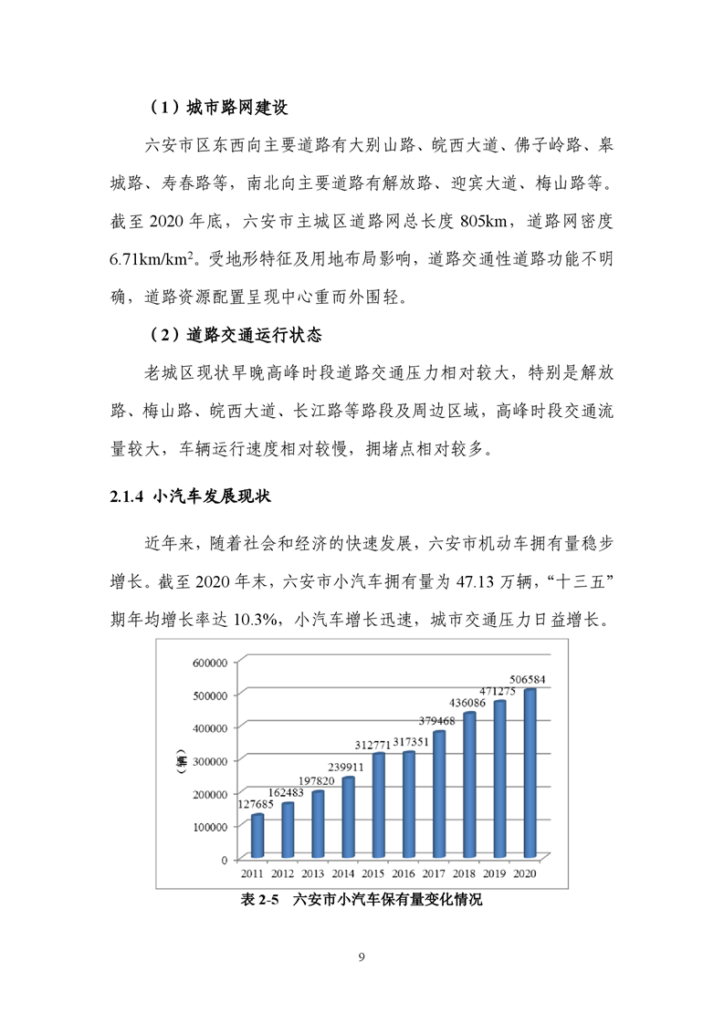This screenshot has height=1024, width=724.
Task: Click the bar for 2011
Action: pos(258,835)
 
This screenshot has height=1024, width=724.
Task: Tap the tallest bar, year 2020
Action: pos(529,774)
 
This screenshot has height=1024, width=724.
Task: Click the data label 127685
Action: pos(257,804)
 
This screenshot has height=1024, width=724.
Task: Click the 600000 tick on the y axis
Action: pos(209,662)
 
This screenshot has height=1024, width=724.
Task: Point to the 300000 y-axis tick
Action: pos(209,760)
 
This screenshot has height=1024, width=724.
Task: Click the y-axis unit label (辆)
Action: pos(182,759)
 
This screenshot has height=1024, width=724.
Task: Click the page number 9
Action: pos(362,957)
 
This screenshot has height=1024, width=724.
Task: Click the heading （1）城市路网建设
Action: pos(218,108)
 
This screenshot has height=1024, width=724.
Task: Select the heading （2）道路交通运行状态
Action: pos(236,335)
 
